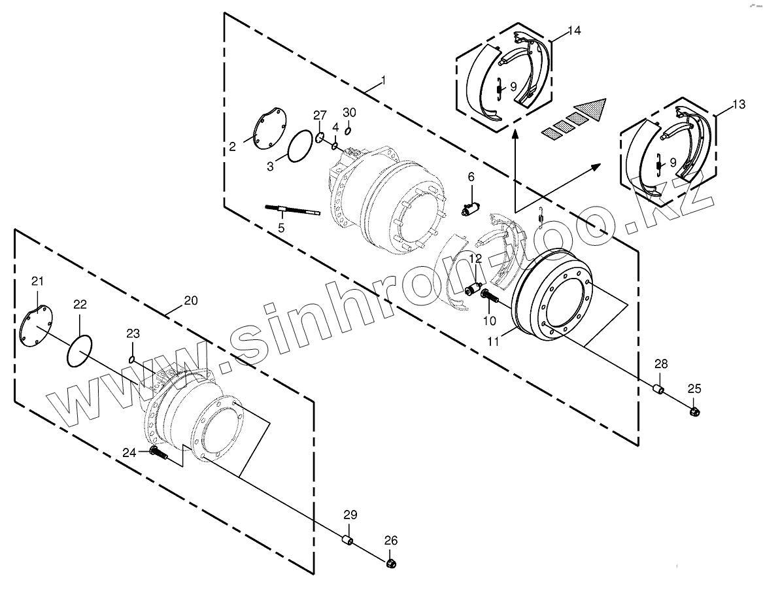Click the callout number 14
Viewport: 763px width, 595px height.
coord(574,31)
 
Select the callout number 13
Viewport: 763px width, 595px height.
coord(738,104)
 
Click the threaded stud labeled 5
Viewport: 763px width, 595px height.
coord(292,210)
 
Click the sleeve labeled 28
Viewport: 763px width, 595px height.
coord(659,390)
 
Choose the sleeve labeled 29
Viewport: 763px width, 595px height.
coord(348,540)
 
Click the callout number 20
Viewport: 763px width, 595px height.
coord(190,300)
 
